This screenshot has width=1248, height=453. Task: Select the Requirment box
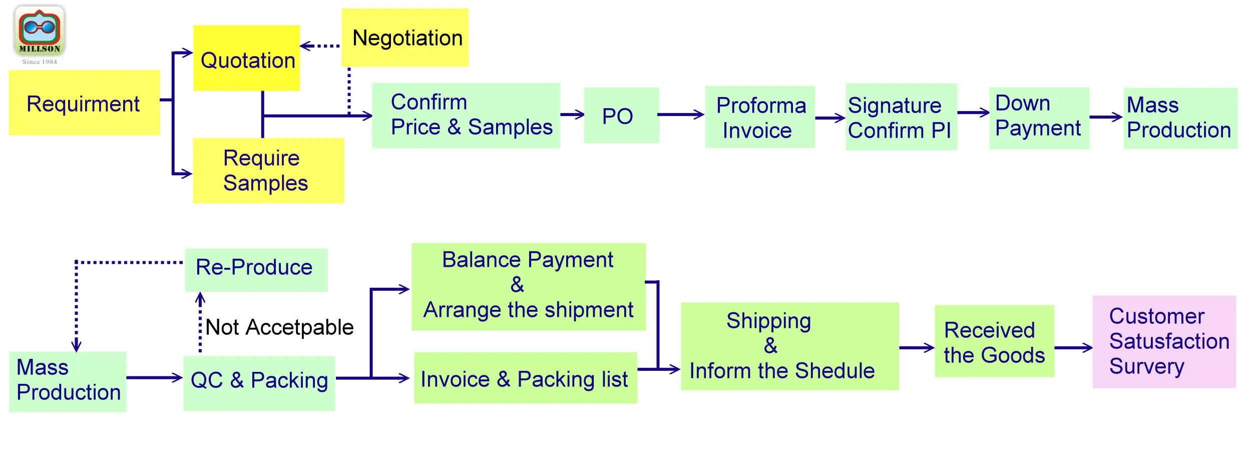84,103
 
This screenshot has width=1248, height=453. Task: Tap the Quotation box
247,59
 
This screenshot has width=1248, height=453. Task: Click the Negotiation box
405,38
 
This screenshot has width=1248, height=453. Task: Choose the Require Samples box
268,171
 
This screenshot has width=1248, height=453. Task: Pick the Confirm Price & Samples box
466,116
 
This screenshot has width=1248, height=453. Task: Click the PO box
621,116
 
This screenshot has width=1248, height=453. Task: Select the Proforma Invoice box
759,117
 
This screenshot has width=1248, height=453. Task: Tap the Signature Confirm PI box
901,117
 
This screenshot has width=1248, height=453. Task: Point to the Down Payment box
1039,118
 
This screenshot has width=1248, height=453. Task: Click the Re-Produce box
256,270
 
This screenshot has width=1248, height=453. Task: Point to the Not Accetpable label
279,327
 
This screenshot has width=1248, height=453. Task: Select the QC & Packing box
259,383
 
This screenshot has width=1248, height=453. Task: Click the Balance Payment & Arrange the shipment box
528,287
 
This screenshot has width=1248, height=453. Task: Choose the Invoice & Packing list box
525,378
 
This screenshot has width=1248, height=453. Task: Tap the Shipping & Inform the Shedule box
789,346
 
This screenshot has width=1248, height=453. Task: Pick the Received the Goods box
994,341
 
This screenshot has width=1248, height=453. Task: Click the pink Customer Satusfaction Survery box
1164,342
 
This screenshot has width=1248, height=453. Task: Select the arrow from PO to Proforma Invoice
681,115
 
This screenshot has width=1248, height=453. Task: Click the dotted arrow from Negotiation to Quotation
320,46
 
